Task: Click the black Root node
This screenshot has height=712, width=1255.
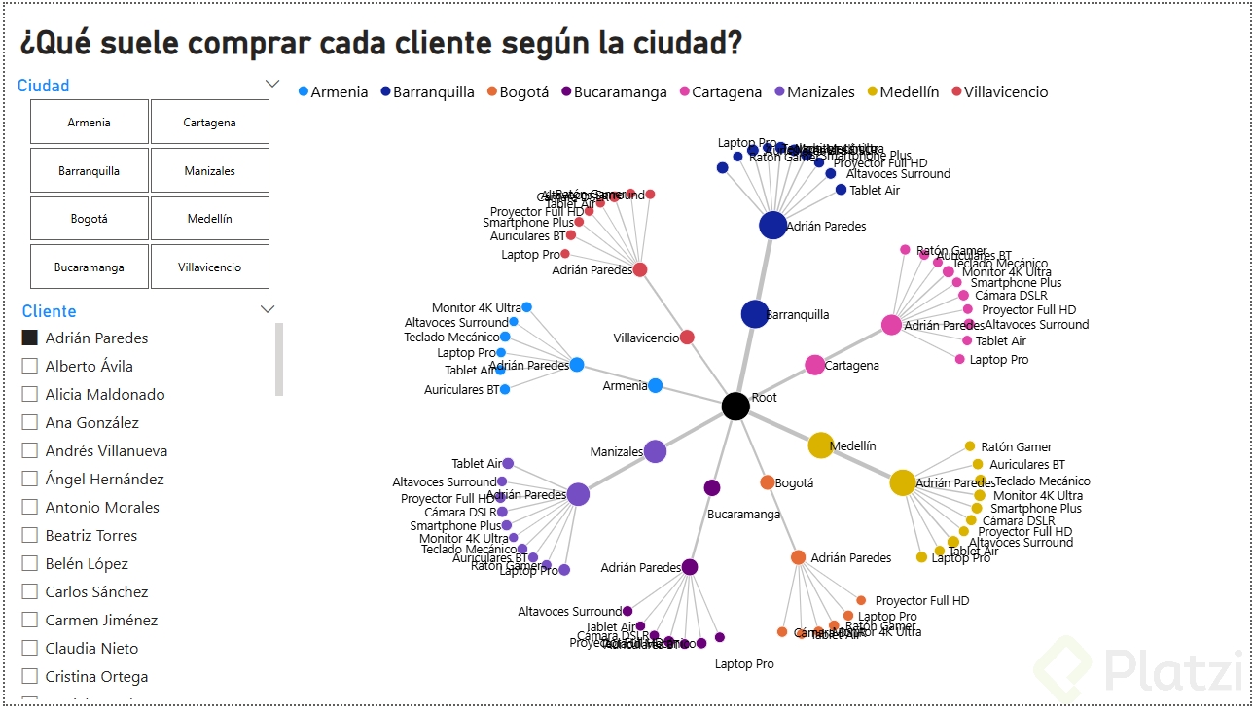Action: point(735,407)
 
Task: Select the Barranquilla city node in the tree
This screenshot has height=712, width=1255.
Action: point(755,314)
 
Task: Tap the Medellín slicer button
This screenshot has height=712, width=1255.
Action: point(210,219)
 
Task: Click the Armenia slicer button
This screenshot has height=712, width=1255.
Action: point(90,123)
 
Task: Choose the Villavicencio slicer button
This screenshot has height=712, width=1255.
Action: point(210,267)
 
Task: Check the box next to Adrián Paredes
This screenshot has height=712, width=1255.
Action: point(30,338)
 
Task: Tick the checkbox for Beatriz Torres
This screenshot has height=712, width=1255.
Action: point(30,536)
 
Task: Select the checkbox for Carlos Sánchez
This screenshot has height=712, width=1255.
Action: point(30,592)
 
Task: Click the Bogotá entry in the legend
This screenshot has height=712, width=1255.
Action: point(518,92)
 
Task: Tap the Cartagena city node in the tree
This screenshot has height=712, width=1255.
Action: point(815,366)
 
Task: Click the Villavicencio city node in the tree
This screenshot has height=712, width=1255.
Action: point(687,338)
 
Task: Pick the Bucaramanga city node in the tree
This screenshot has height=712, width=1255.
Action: point(712,487)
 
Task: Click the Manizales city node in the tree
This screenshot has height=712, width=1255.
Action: point(655,451)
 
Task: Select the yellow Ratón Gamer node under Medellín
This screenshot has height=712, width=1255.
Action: point(970,446)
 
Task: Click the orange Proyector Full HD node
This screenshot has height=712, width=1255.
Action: point(861,600)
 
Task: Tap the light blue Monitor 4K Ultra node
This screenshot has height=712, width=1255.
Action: point(526,307)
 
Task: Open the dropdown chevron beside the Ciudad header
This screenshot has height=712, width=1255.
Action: point(272,85)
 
